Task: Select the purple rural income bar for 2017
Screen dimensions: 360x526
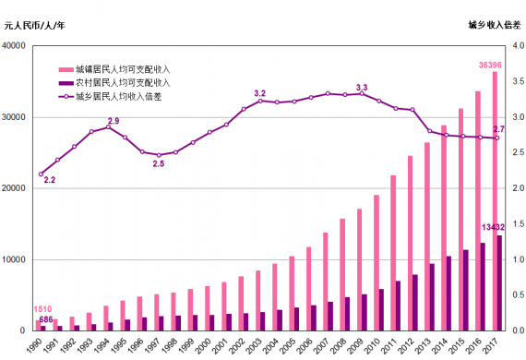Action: point(500,282)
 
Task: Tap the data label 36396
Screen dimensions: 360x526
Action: point(491,65)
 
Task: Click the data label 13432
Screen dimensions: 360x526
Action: point(491,227)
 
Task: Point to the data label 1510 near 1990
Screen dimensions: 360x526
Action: point(42,309)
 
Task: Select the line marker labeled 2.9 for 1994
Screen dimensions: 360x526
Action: point(108,126)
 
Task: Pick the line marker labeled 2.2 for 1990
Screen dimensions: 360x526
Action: point(41,174)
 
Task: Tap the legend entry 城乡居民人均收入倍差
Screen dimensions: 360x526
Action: point(116,95)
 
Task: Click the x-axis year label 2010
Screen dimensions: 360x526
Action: point(374,345)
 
